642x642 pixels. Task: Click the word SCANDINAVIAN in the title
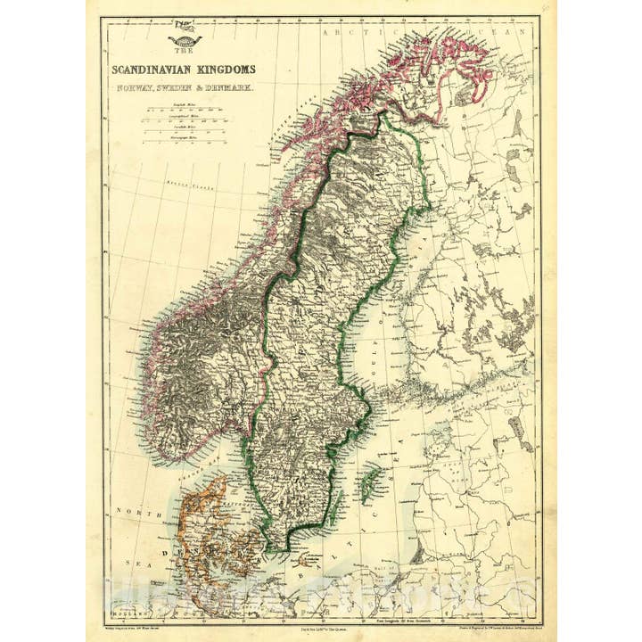click(x=146, y=69)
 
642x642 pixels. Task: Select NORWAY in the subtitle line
click(x=131, y=88)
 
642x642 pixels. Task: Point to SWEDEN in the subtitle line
click(x=175, y=88)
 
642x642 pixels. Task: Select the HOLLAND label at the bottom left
click(x=126, y=613)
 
